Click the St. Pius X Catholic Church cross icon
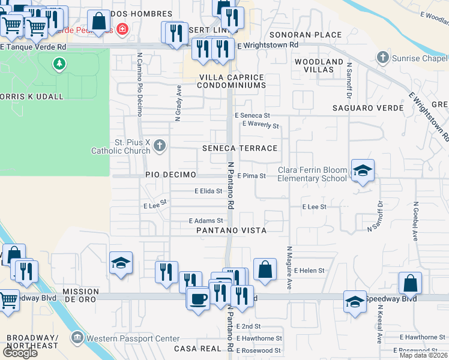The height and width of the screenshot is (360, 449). (160, 145)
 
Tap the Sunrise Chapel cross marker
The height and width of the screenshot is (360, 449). (382, 58)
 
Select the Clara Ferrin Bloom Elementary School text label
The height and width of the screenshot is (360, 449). (312, 174)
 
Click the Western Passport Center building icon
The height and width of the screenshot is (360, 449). (77, 338)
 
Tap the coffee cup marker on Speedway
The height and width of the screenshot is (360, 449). (197, 298)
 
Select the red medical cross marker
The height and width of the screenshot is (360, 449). (122, 29)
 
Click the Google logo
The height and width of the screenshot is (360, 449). (20, 353)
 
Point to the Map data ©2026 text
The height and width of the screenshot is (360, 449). (423, 355)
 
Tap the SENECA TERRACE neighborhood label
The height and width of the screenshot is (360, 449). (240, 148)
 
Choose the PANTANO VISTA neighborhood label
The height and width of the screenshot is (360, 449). (232, 230)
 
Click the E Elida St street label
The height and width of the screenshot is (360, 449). (208, 191)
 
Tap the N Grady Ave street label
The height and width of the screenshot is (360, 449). (178, 103)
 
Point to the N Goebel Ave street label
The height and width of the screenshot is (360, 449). (415, 221)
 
